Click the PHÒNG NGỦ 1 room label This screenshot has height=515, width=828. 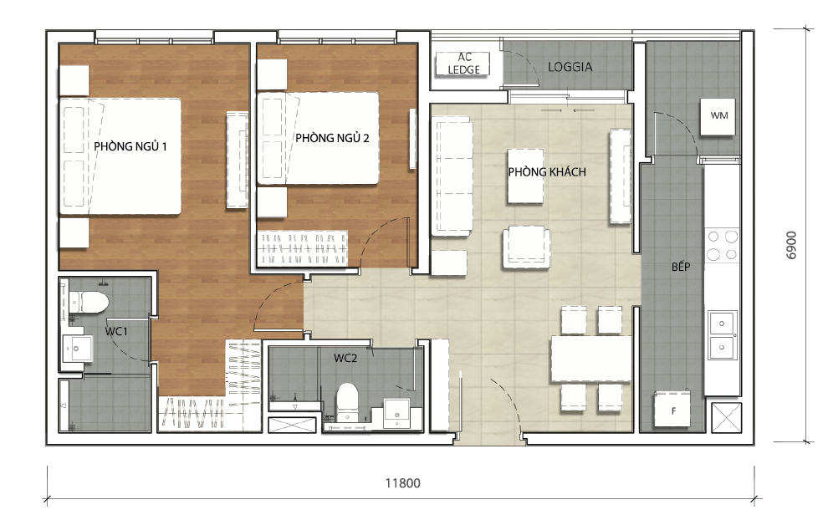[x=130, y=146]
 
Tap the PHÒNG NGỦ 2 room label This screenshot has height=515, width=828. [x=332, y=138]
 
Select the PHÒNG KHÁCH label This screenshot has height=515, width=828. [x=547, y=172]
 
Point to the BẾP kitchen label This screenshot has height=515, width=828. [x=681, y=268]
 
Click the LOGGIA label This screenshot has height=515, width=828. [x=570, y=67]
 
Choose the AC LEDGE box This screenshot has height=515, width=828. [x=464, y=64]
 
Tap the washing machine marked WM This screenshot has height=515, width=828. [x=718, y=115]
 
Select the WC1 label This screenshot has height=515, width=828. [x=115, y=331]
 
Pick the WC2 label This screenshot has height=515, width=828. [x=345, y=358]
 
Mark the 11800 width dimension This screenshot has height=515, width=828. [x=402, y=483]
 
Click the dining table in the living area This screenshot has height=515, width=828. [x=590, y=359]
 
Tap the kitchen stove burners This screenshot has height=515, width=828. [x=723, y=245]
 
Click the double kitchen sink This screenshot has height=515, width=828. [x=722, y=334]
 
